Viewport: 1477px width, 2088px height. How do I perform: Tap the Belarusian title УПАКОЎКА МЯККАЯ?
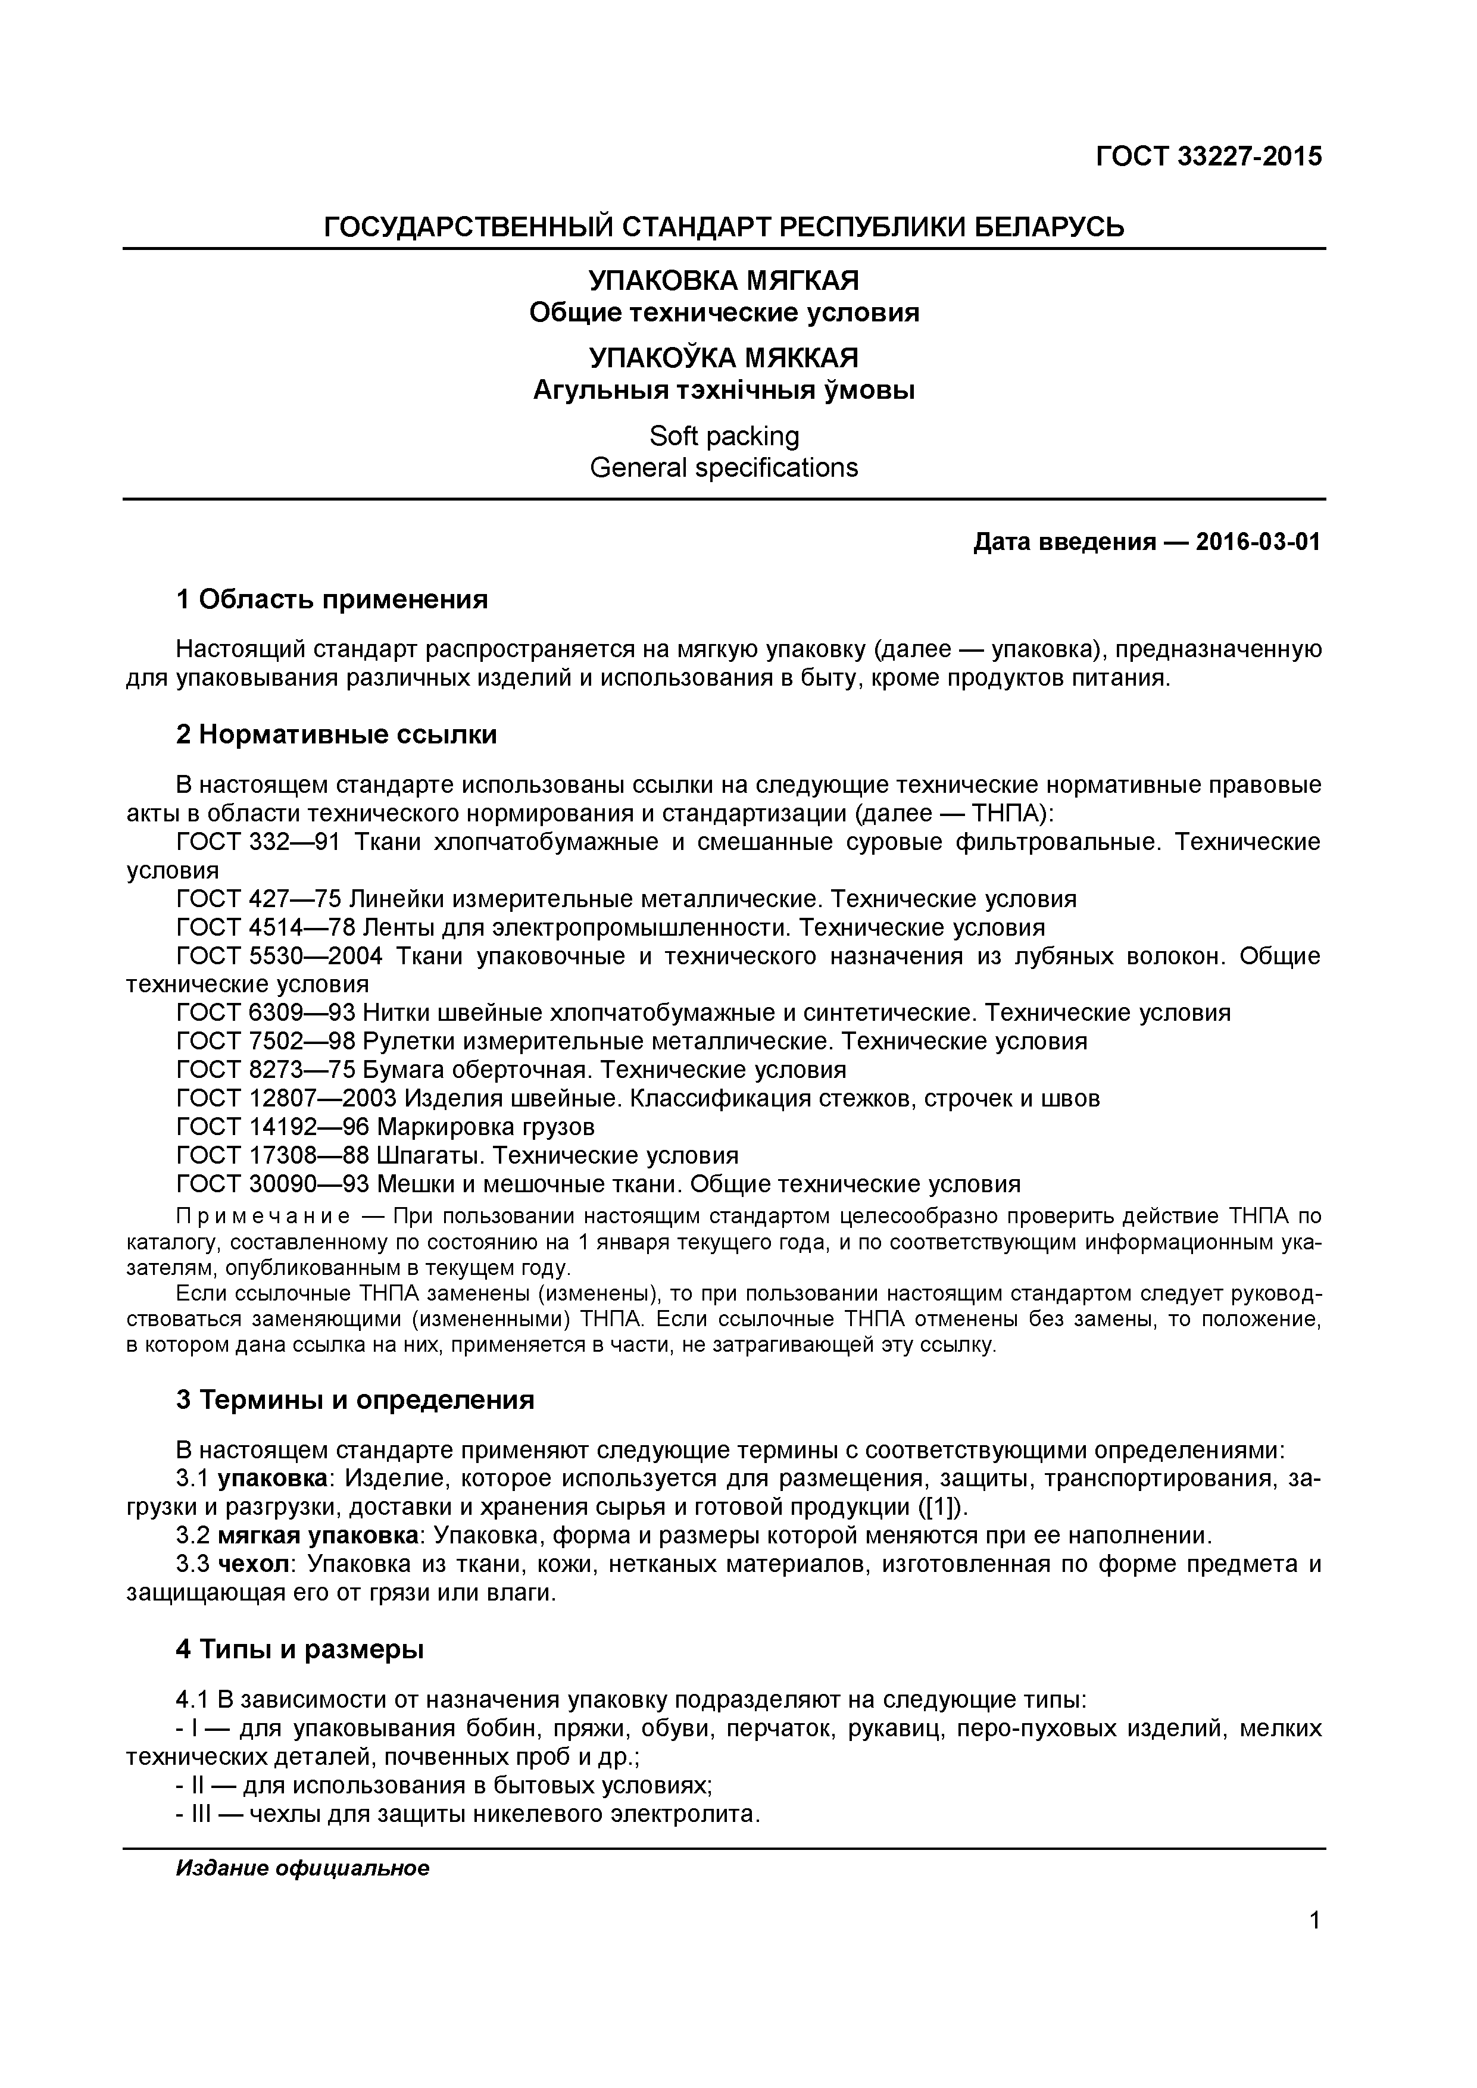click(724, 357)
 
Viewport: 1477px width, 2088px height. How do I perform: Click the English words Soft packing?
click(724, 436)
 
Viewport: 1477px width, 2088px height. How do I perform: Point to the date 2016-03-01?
click(1258, 542)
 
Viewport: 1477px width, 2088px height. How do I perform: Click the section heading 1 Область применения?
click(332, 599)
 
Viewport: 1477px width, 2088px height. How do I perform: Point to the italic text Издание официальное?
click(302, 1869)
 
